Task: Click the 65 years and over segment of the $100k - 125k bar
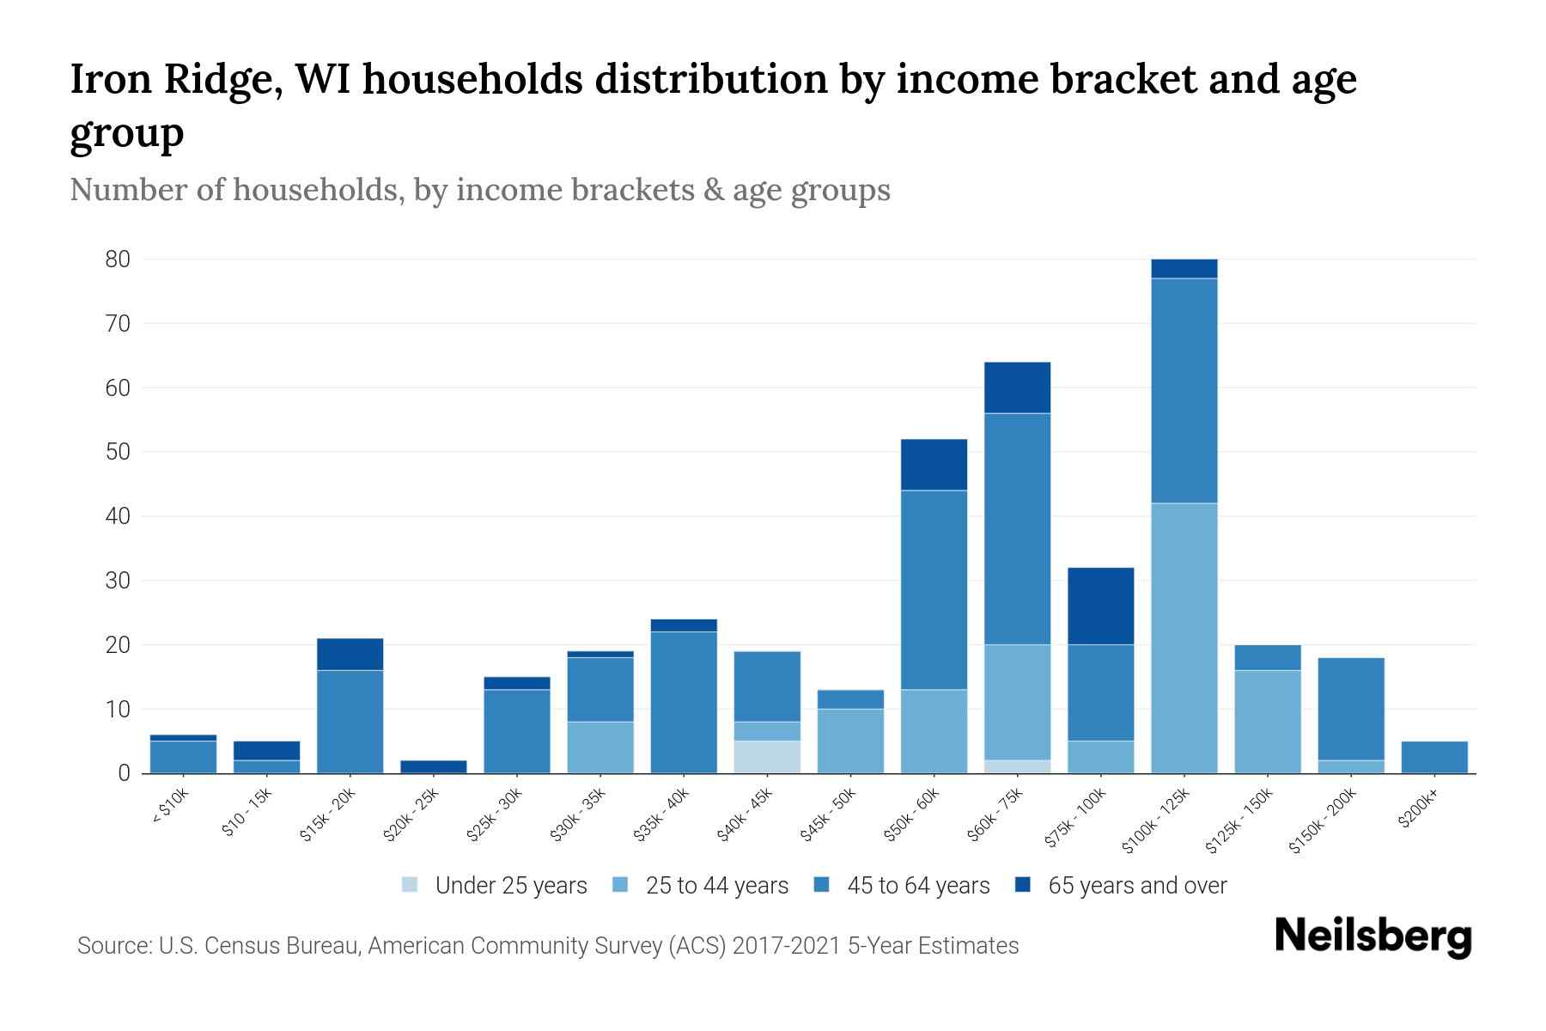(1184, 269)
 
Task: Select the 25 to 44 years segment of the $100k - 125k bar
(1184, 638)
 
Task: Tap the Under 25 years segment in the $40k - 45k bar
(767, 757)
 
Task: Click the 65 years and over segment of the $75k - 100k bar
(1101, 606)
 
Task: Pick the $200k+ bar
(1434, 757)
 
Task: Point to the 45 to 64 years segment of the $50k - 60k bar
(934, 589)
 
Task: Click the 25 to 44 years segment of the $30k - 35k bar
(600, 747)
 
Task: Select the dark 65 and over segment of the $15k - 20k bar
(350, 654)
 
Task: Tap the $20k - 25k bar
(434, 766)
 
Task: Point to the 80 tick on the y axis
(118, 259)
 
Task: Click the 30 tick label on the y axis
(118, 581)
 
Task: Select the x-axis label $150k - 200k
(1323, 820)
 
